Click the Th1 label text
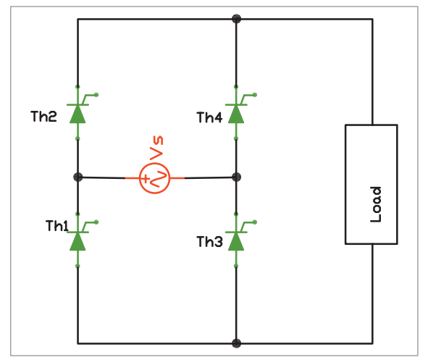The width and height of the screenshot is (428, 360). click(56, 226)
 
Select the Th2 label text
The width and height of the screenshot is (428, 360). click(43, 117)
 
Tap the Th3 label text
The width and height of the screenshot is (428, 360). click(209, 242)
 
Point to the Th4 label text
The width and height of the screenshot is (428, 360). click(209, 117)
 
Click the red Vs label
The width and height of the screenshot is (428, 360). click(156, 147)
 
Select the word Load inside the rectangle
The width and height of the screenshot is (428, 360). click(376, 204)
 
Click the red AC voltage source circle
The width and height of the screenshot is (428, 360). click(155, 178)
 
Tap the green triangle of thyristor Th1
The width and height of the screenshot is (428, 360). click(77, 241)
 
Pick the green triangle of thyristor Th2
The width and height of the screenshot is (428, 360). click(77, 114)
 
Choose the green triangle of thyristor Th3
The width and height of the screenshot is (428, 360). click(236, 241)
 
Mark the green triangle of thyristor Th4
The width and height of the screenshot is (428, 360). click(236, 114)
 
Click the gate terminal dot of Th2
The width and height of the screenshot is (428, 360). click(96, 95)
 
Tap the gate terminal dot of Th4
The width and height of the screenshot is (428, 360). click(255, 95)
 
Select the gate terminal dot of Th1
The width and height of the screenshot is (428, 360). click(96, 222)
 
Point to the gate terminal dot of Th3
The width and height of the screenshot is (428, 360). click(255, 222)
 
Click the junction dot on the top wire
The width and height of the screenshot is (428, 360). click(236, 19)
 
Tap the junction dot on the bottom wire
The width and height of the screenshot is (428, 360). click(236, 343)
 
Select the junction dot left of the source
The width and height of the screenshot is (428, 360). click(78, 177)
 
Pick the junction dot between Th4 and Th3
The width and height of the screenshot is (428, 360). click(236, 177)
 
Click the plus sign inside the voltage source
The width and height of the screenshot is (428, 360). click(146, 179)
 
